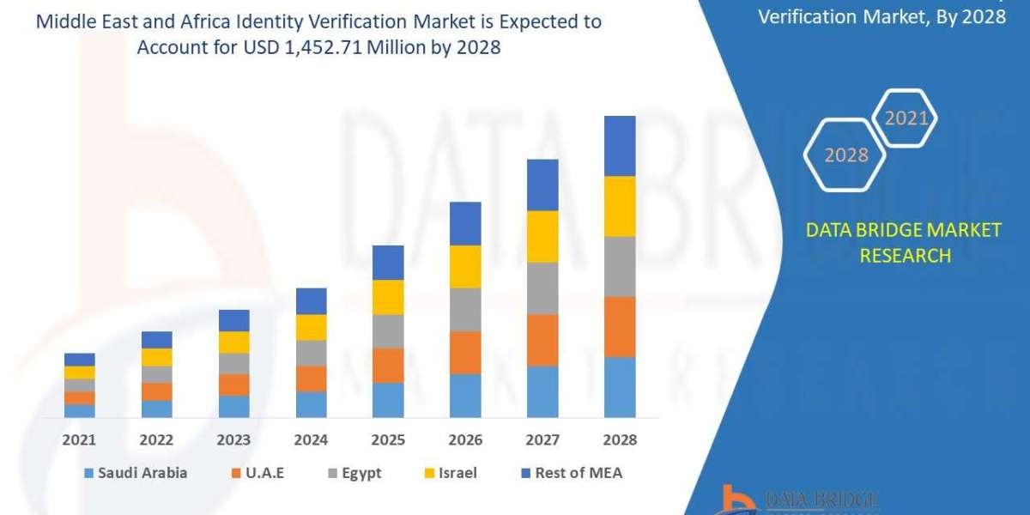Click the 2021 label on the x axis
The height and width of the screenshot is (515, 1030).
[80, 439]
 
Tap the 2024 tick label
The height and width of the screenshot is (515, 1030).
[311, 439]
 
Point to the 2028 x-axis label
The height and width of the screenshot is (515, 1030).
[620, 439]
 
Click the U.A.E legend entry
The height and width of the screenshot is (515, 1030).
[260, 473]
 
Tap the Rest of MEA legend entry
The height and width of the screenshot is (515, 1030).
[570, 473]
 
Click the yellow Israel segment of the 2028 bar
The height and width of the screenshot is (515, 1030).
[620, 206]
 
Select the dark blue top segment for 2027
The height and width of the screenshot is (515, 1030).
[542, 185]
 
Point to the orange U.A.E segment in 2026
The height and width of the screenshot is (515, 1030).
[465, 352]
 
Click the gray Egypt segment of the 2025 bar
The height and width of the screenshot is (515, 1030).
[388, 330]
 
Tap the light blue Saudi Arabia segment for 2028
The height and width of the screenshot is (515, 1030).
[620, 387]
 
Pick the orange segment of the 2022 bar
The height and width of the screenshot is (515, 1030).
[157, 391]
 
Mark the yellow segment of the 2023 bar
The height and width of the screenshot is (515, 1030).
[234, 342]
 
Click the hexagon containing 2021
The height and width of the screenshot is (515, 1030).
[905, 118]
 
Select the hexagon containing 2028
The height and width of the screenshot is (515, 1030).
[845, 155]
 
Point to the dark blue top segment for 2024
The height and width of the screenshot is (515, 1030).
[311, 300]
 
